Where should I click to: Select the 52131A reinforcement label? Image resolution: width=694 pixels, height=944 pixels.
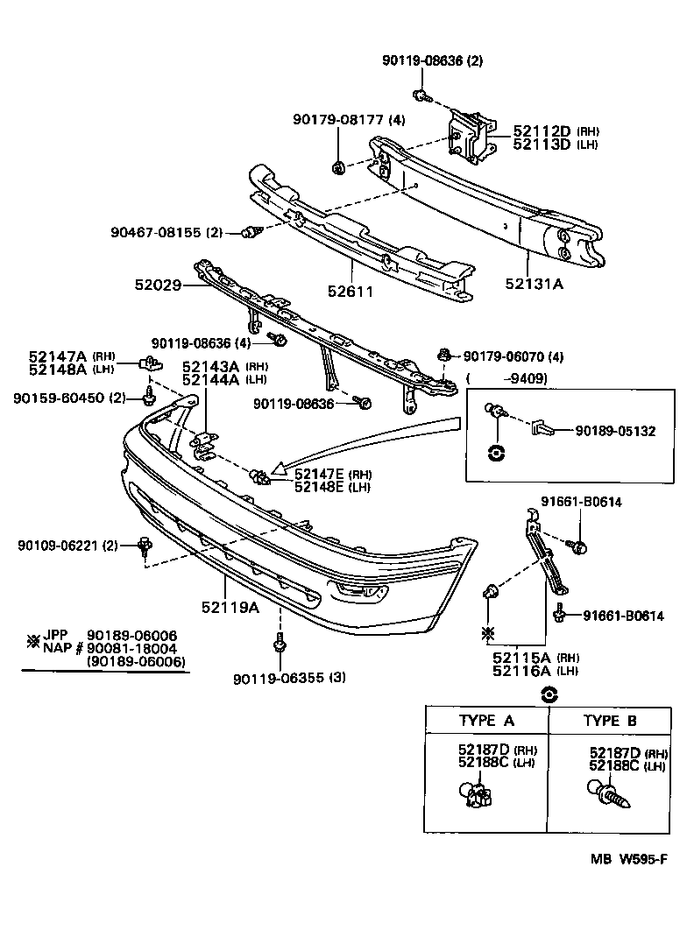[x=534, y=283]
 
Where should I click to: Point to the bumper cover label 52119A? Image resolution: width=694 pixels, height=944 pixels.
[x=230, y=606]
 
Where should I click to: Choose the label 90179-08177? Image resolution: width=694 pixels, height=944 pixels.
[x=336, y=120]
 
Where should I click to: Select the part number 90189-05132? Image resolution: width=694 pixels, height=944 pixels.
[x=614, y=430]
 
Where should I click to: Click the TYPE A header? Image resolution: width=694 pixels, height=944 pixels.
[x=486, y=720]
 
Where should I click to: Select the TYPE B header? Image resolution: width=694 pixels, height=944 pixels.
[x=610, y=720]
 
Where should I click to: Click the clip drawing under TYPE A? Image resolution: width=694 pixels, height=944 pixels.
[x=476, y=795]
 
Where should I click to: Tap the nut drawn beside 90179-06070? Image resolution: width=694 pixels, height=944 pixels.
[x=445, y=355]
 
